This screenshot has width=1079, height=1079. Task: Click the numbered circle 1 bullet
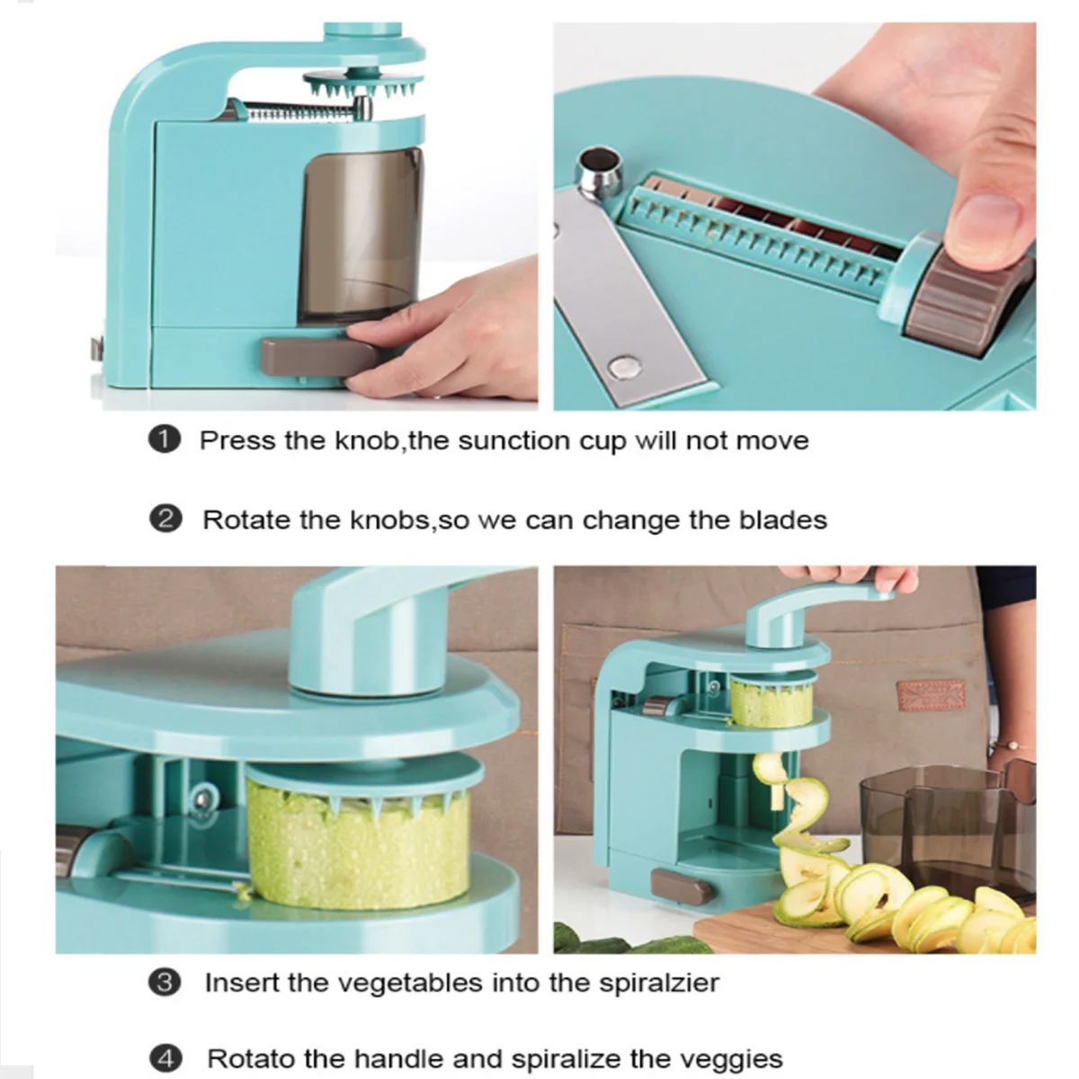click(x=164, y=439)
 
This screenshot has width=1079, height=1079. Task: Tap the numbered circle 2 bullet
click(x=165, y=520)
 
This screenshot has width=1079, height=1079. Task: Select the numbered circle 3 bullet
click(x=165, y=983)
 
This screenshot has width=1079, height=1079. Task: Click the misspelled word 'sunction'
click(x=514, y=440)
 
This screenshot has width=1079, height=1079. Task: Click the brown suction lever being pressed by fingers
click(x=319, y=357)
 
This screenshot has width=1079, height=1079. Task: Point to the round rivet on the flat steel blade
click(x=625, y=367)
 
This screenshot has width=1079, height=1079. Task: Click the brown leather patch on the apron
click(x=932, y=695)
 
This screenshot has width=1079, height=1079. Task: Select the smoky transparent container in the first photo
click(x=360, y=236)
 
